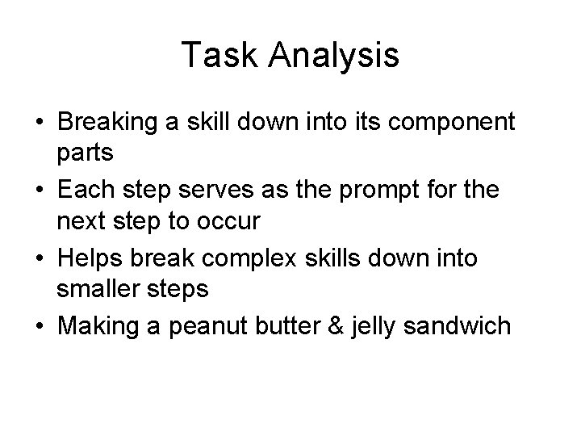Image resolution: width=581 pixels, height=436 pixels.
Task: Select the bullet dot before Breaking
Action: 39,124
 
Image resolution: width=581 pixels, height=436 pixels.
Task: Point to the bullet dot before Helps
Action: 39,260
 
